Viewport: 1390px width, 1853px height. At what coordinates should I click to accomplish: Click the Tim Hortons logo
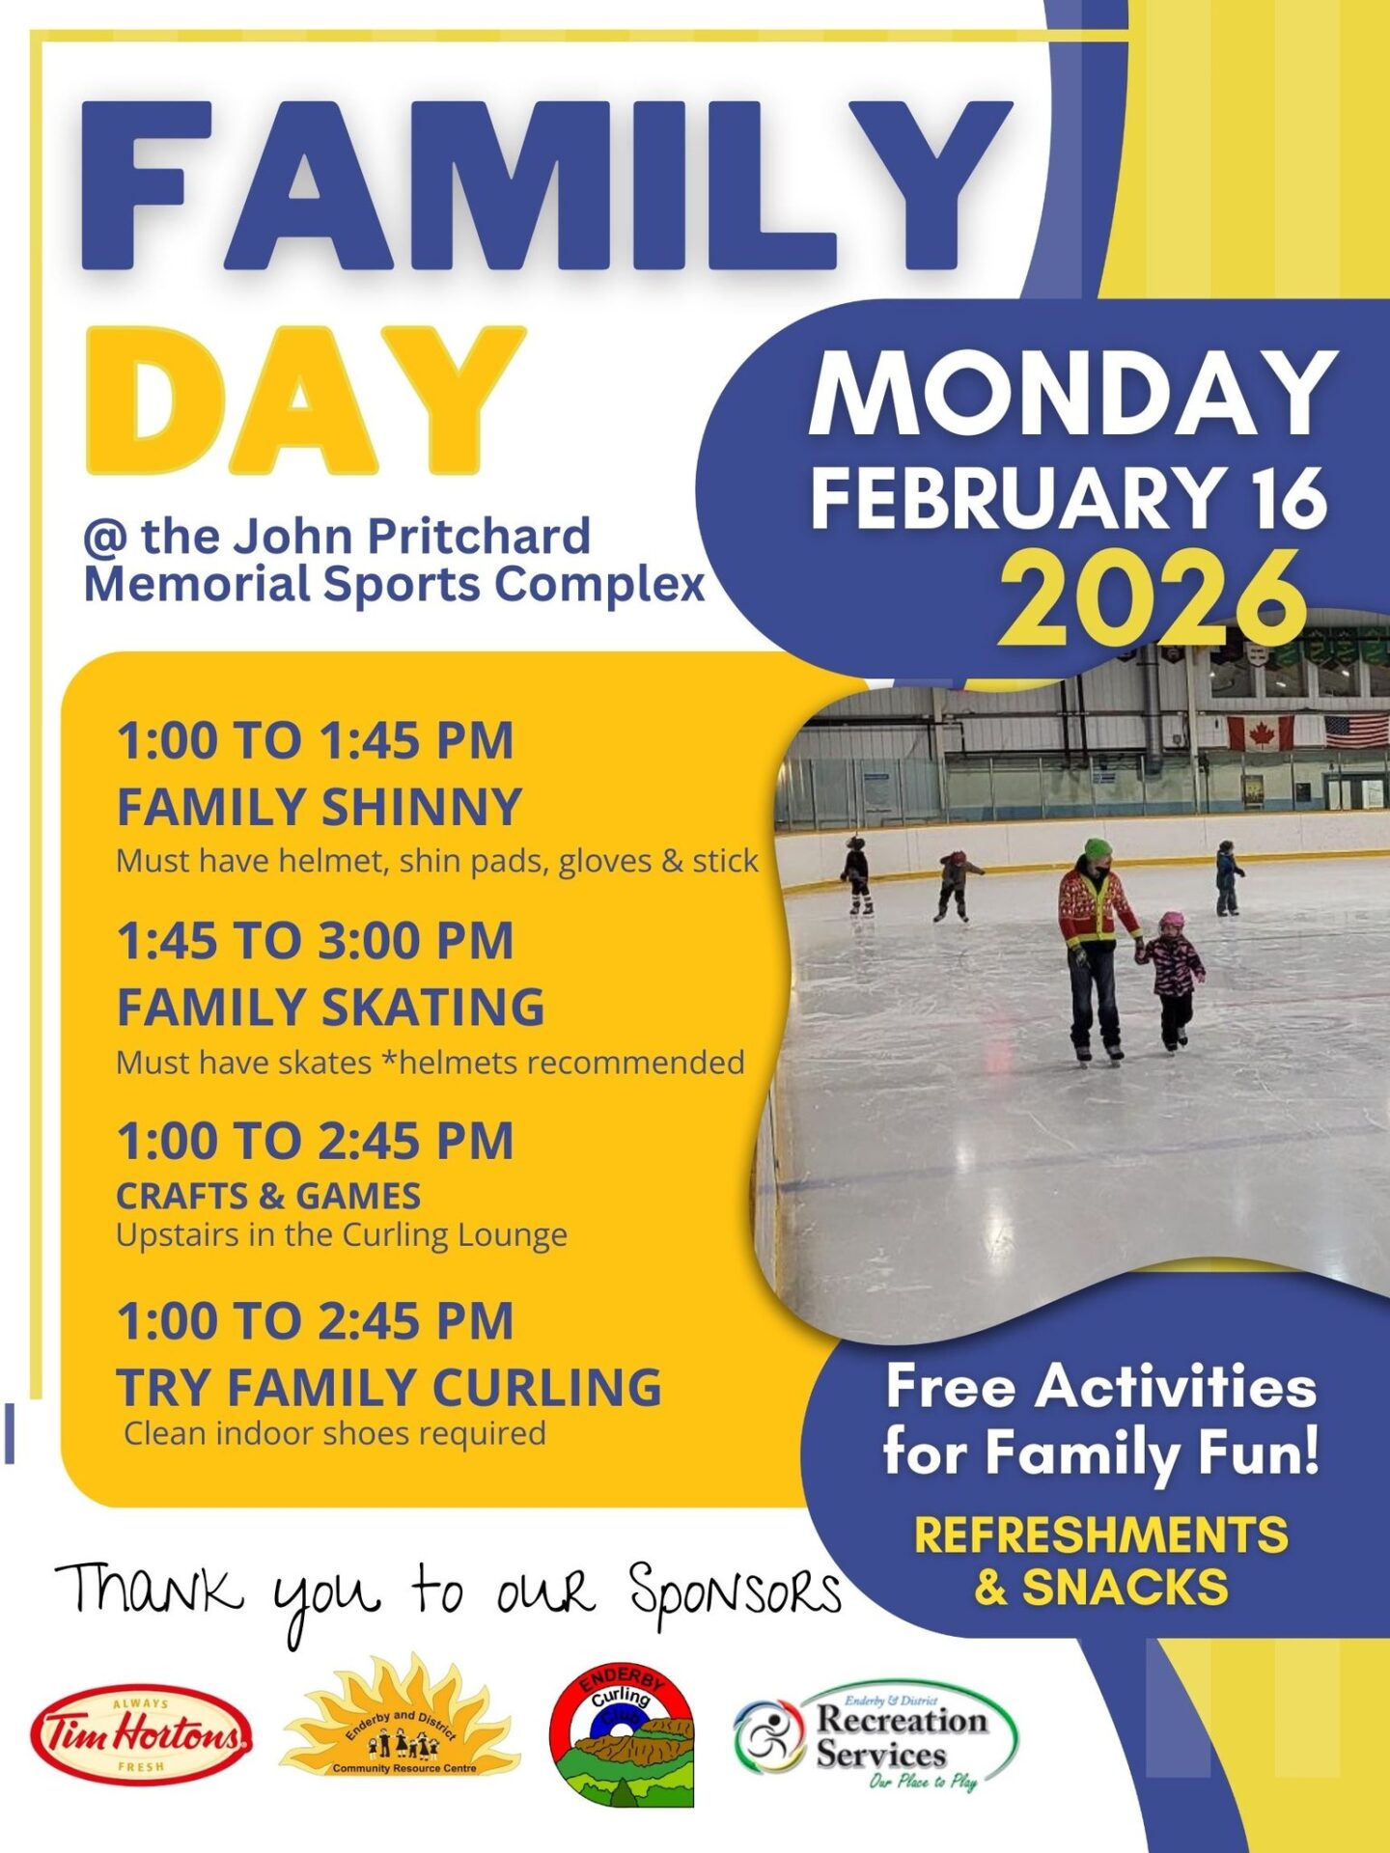141,1735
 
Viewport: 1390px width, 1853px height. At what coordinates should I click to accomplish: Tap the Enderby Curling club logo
622,1734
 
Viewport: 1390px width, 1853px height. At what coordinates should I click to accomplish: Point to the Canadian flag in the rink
1260,733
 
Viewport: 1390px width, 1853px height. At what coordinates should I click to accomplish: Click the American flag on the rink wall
1356,731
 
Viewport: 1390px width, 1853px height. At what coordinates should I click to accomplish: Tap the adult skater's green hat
1098,849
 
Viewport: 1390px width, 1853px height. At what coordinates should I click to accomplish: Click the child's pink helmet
1171,921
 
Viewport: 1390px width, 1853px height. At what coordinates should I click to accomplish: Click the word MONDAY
1072,393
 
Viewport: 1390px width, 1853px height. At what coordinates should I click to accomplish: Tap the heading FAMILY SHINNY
319,807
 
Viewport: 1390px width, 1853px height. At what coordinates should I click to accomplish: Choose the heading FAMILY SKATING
330,1007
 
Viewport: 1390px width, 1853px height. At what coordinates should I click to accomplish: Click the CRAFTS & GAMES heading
268,1196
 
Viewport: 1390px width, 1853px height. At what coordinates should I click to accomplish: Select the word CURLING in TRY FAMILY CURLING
546,1387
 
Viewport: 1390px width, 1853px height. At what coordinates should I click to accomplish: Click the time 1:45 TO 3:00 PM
315,940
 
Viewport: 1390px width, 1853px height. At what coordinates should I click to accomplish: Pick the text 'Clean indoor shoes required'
335,1433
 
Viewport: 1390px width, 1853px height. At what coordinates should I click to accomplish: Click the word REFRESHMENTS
1100,1535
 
